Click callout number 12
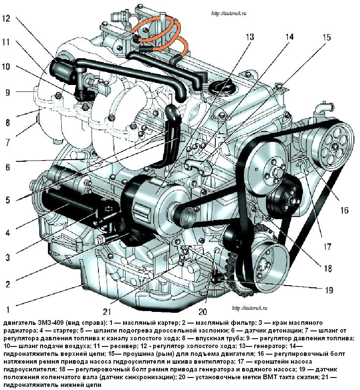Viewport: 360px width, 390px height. coord(9,19)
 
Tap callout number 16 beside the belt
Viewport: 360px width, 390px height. coord(344,211)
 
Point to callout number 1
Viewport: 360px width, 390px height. coord(7,309)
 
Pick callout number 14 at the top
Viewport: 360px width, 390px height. coord(289,37)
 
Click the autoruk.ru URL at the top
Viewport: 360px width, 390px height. coord(230,14)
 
